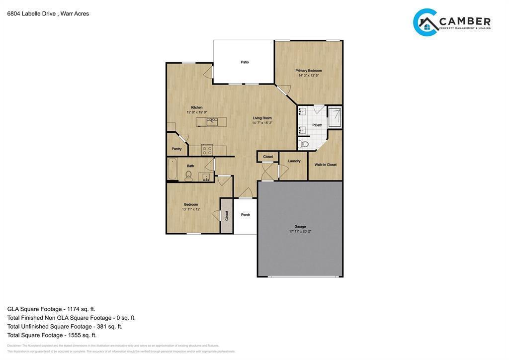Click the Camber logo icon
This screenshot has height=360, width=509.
point(425,22)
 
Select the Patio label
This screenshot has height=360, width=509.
point(245,62)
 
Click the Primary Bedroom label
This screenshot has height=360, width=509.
point(308,71)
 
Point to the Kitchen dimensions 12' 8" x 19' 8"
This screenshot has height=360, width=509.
point(196,112)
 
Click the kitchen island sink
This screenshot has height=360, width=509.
point(212,121)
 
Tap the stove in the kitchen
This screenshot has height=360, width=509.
point(207,150)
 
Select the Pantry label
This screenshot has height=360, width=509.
point(176,149)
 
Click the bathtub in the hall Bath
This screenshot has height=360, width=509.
point(172,169)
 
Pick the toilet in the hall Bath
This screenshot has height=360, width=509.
point(188,176)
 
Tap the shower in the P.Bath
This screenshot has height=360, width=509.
point(335,117)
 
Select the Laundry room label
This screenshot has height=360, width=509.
point(294,161)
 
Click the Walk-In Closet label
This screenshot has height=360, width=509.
point(325,165)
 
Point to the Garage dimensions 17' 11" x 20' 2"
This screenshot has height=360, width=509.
point(300,231)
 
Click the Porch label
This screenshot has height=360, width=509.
point(245,215)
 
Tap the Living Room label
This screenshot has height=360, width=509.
point(262,118)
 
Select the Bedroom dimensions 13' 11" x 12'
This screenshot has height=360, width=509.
point(191,209)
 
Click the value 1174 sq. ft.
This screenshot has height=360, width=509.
point(81,309)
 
